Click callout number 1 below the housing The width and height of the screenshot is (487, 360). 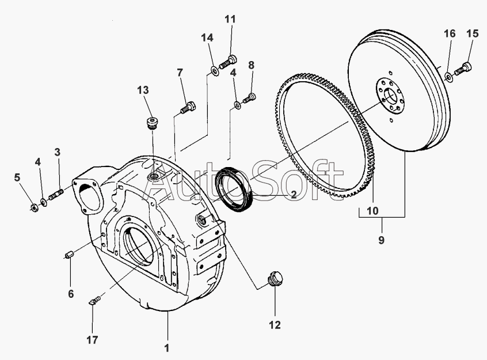click(x=167, y=348)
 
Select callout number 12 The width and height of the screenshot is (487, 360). click(x=275, y=325)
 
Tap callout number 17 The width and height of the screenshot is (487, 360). click(x=92, y=340)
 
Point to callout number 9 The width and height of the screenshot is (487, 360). click(x=382, y=240)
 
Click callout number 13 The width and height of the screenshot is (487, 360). click(x=143, y=90)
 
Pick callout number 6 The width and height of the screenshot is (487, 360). click(x=71, y=294)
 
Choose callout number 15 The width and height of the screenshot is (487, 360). click(x=473, y=33)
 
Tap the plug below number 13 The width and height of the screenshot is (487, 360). click(x=152, y=123)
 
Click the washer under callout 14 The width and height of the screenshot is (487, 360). click(x=215, y=71)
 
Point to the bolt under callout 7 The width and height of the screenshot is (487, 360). click(x=188, y=108)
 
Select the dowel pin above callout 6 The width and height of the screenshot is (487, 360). click(x=69, y=255)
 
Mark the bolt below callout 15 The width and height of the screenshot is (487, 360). click(x=463, y=69)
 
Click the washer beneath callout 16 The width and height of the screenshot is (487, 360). click(x=448, y=77)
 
